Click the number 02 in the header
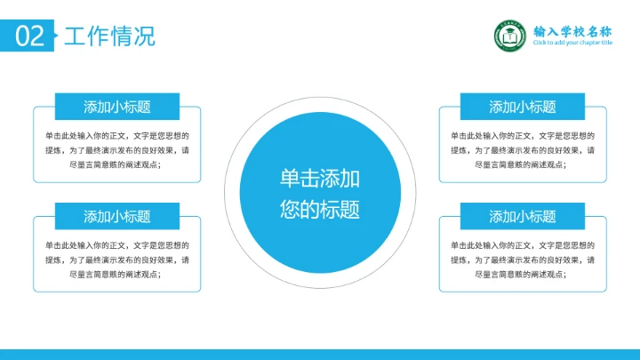(x=28, y=36)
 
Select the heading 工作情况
(x=108, y=36)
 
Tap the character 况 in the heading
(x=144, y=36)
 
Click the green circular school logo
(x=510, y=36)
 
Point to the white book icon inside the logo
(x=510, y=37)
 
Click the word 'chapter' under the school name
(x=587, y=43)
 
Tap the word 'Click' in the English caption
(x=540, y=43)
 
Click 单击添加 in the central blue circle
(x=320, y=178)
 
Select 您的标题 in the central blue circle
(x=320, y=211)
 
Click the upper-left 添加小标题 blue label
(x=117, y=107)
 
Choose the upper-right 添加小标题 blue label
(x=523, y=107)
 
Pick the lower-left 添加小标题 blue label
(x=117, y=216)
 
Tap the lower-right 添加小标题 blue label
(x=523, y=216)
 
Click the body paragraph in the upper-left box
(x=117, y=150)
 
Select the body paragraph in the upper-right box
(x=523, y=150)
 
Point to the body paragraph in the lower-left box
(x=117, y=260)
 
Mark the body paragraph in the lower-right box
(x=523, y=260)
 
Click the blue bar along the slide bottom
(x=320, y=354)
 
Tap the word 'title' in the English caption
(x=606, y=43)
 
